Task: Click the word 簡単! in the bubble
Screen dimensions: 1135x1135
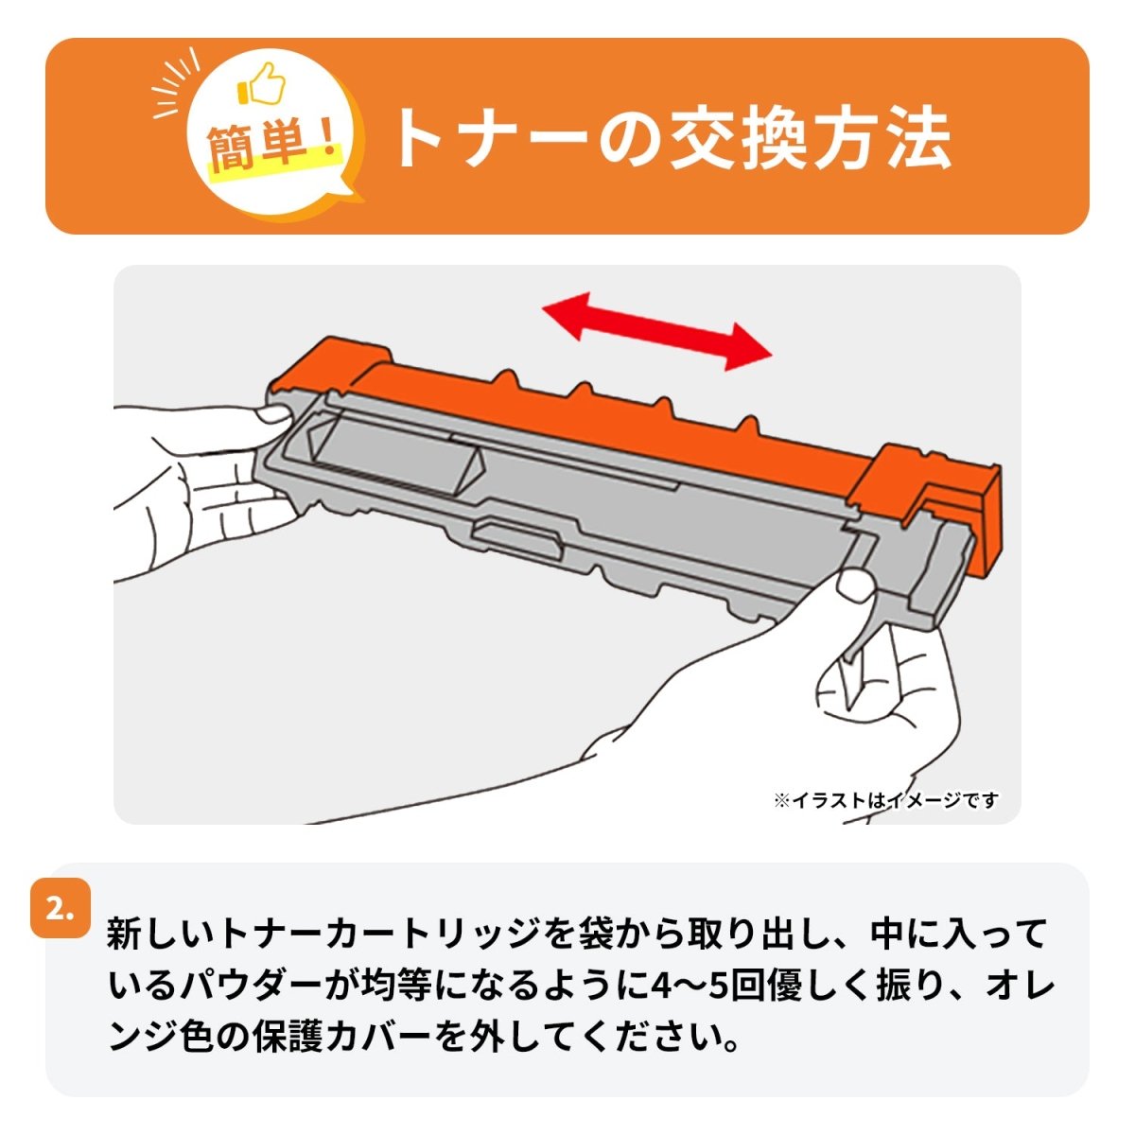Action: coord(272,149)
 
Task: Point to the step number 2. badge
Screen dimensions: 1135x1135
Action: coord(61,909)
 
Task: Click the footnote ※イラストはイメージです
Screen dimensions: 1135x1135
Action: coord(885,801)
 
